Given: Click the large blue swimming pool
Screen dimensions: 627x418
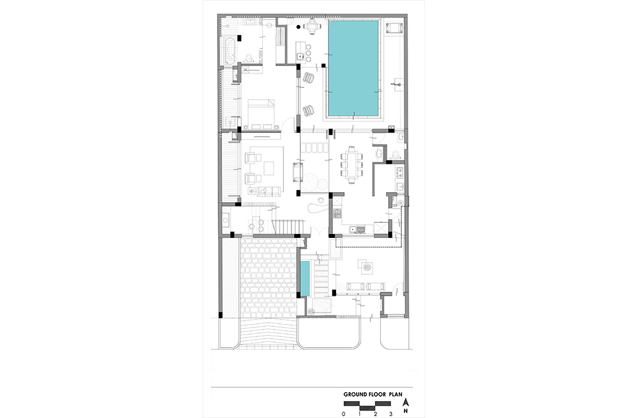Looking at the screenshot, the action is (x=353, y=67).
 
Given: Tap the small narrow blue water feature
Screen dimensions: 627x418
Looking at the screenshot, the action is (x=305, y=279).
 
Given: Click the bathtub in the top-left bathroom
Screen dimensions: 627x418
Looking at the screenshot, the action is (x=229, y=51).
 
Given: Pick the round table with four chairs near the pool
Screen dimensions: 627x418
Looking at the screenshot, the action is (x=312, y=26).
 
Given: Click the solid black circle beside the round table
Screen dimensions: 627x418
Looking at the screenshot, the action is (x=298, y=27).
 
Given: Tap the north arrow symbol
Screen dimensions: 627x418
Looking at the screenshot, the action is (x=406, y=402).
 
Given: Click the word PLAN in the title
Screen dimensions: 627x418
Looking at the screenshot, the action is (x=396, y=394).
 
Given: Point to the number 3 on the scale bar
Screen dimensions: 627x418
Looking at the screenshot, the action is (x=391, y=414).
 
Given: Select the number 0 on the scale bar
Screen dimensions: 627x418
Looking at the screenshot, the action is (x=344, y=414).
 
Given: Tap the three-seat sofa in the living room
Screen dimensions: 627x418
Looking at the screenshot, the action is (x=268, y=191).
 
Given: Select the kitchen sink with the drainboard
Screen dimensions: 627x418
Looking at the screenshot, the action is (x=358, y=230).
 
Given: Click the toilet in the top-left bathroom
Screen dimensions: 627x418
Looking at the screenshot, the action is (x=249, y=58).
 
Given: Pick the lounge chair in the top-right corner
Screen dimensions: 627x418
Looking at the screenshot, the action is (x=394, y=28).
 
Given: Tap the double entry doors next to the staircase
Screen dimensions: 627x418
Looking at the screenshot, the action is (x=320, y=232).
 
